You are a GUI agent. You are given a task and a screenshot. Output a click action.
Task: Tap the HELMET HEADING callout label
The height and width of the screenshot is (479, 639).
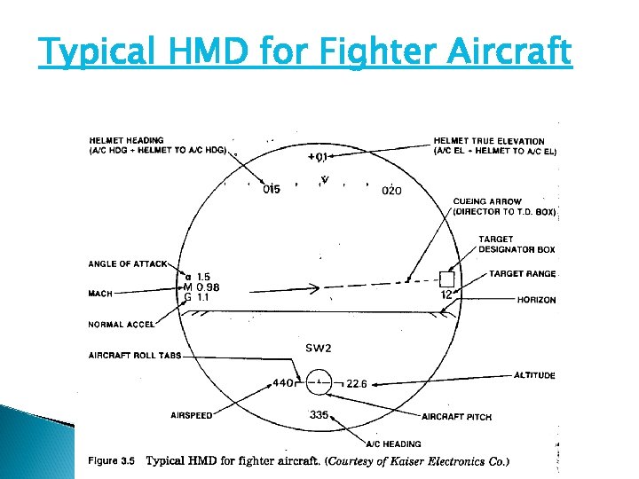pyautogui.click(x=126, y=141)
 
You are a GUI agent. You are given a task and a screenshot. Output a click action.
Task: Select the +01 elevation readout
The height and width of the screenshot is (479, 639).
pyautogui.click(x=318, y=158)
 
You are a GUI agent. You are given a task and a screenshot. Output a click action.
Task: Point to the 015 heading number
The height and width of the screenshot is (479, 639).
pyautogui.click(x=271, y=189)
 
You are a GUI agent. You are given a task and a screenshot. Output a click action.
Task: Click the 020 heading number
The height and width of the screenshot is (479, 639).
pyautogui.click(x=391, y=190)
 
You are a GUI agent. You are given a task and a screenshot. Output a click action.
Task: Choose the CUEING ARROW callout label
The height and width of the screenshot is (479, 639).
pyautogui.click(x=487, y=202)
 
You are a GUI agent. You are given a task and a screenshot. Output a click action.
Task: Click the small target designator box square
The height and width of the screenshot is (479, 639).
pyautogui.click(x=446, y=278)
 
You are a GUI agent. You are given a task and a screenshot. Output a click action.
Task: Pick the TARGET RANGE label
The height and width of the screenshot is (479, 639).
pyautogui.click(x=522, y=274)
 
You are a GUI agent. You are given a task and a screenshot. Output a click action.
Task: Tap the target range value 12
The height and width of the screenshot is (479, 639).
pyautogui.click(x=447, y=294)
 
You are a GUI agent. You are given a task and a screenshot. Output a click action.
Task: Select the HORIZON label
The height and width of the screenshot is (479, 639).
pyautogui.click(x=536, y=300)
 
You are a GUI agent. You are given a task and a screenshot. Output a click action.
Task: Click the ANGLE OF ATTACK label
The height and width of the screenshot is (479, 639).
pyautogui.click(x=127, y=264)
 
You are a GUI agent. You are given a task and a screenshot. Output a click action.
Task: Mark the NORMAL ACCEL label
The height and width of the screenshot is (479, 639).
pyautogui.click(x=118, y=325)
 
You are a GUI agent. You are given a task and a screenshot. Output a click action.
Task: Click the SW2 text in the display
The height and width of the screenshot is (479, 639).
pyautogui.click(x=318, y=347)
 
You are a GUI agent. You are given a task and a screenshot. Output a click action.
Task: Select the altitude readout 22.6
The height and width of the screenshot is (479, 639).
pyautogui.click(x=357, y=383)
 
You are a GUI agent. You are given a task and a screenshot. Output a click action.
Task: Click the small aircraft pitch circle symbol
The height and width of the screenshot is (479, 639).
pyautogui.click(x=319, y=382)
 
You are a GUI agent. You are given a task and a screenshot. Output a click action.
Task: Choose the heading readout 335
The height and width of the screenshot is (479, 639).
pyautogui.click(x=319, y=414)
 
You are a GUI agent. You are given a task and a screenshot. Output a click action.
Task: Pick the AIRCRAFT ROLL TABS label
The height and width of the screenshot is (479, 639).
pyautogui.click(x=134, y=356)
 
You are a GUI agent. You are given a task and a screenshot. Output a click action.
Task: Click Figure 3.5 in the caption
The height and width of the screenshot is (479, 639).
pyautogui.click(x=111, y=460)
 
